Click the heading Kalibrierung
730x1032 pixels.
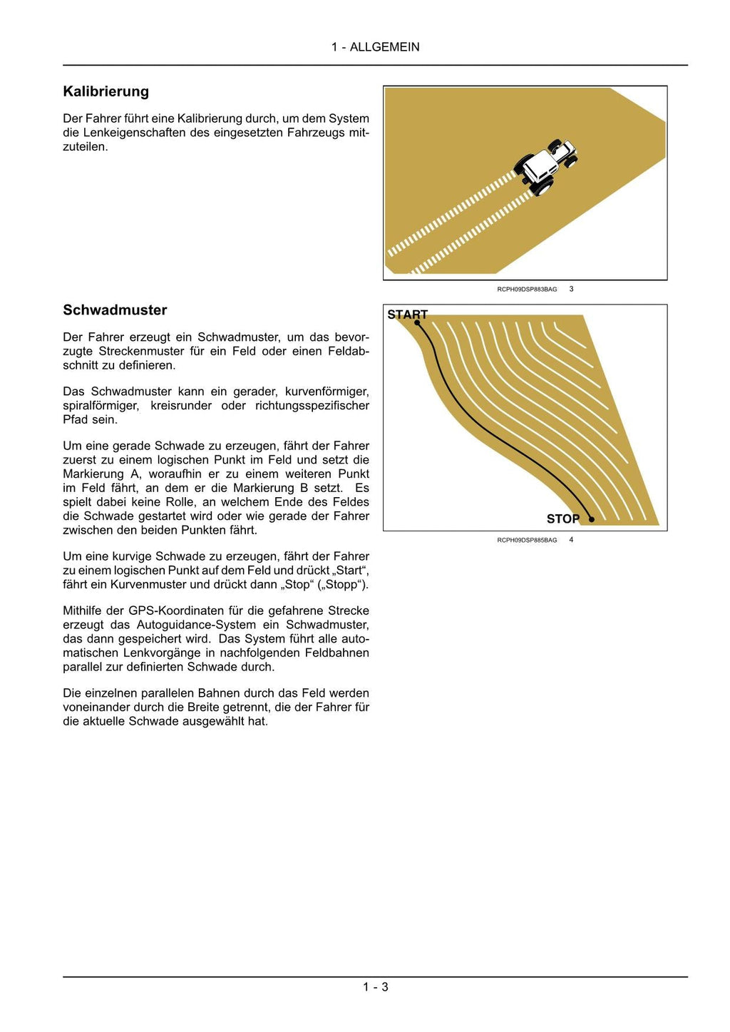(106, 91)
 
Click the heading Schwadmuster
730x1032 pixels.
(115, 310)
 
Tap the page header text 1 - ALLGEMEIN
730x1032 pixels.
(375, 47)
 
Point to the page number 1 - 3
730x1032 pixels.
(375, 987)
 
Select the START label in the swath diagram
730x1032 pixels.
(407, 315)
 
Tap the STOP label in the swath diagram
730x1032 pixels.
(562, 518)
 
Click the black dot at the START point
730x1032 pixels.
(417, 323)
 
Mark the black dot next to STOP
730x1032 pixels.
(592, 519)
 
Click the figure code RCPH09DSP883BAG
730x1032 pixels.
(527, 290)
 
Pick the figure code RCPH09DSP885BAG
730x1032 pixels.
(527, 541)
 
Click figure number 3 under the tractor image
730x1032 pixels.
(571, 289)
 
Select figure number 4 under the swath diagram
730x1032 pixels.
(571, 540)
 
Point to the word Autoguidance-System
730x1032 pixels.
(196, 625)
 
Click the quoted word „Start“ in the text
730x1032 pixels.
(351, 571)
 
